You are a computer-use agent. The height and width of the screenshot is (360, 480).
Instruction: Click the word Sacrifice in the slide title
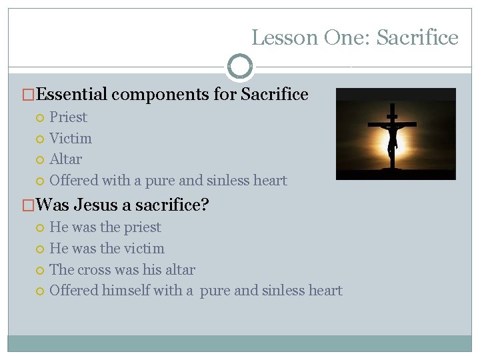click(417, 38)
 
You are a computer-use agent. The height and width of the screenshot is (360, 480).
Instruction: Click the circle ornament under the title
click(240, 67)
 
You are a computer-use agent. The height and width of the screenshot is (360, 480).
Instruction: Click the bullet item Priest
click(68, 117)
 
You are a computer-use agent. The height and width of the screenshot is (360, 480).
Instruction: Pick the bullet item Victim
click(71, 139)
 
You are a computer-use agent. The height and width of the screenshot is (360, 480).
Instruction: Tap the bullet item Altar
click(66, 159)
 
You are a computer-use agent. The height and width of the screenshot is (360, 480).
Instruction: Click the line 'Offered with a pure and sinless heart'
click(168, 181)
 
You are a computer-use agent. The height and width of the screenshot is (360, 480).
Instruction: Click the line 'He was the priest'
click(105, 227)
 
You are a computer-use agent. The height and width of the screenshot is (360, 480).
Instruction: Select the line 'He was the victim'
click(107, 249)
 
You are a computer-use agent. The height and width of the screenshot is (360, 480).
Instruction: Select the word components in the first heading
click(161, 95)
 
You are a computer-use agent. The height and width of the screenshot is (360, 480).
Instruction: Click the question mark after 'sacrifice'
click(205, 205)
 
